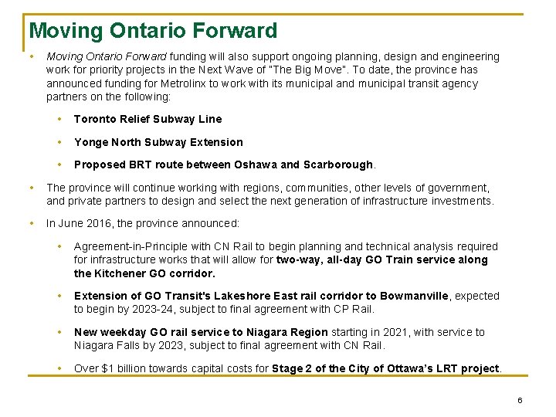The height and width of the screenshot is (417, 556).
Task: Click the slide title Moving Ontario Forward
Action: pos(153,31)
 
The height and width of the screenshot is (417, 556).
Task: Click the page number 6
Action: pos(520,400)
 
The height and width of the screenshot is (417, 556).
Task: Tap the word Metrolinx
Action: pos(180,83)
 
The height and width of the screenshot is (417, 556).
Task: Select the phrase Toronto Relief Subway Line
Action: pos(147,119)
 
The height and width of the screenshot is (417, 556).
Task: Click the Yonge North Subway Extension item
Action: pos(158,142)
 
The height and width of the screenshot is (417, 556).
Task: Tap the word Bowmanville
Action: pos(414,296)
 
